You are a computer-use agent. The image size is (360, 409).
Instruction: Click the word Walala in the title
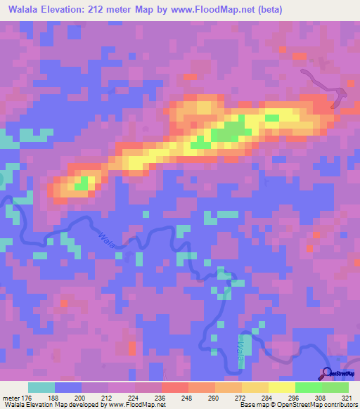[26, 10]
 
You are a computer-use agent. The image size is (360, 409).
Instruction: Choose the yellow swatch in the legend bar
[282, 387]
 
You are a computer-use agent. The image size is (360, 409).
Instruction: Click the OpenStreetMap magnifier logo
[328, 373]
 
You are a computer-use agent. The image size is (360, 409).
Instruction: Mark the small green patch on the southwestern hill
[82, 184]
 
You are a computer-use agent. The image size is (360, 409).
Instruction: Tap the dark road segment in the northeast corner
[328, 84]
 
